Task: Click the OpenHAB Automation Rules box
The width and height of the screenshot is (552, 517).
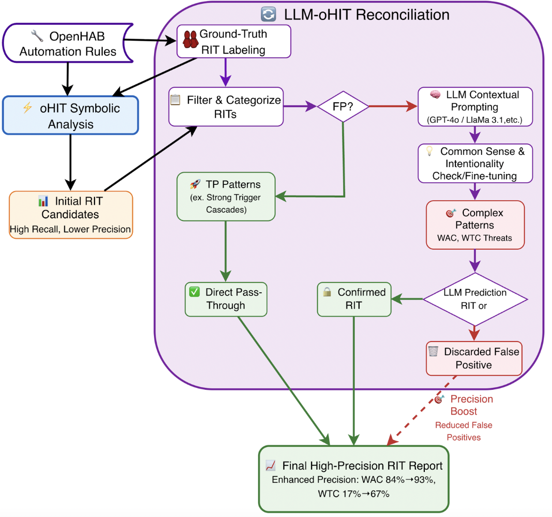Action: point(68,43)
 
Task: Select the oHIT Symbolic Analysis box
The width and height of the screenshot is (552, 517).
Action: point(70,115)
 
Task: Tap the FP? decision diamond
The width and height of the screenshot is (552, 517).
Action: point(343,106)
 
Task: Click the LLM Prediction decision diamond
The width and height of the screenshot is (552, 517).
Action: point(475,299)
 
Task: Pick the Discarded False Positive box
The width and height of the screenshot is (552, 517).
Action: point(474,358)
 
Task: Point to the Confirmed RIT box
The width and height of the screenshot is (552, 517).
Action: point(354,299)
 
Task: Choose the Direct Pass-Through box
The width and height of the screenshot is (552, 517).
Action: point(226,299)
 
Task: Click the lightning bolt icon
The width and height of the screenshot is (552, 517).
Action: point(27,108)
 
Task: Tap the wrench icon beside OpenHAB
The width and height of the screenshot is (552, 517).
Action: point(37,36)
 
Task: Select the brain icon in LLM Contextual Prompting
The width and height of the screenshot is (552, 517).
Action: point(435,94)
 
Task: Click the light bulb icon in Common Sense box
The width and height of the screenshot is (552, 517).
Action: point(429,151)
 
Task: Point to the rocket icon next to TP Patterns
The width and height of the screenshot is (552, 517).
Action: point(195,184)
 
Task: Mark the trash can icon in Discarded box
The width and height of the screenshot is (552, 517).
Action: point(433,351)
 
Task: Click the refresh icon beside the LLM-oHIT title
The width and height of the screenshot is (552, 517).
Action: point(268,15)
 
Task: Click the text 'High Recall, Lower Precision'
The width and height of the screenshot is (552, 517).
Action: point(70,229)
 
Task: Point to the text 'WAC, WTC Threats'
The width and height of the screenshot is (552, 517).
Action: point(475,238)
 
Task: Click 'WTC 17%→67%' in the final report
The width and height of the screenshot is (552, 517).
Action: point(353,494)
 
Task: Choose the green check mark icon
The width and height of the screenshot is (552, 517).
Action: point(194,292)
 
